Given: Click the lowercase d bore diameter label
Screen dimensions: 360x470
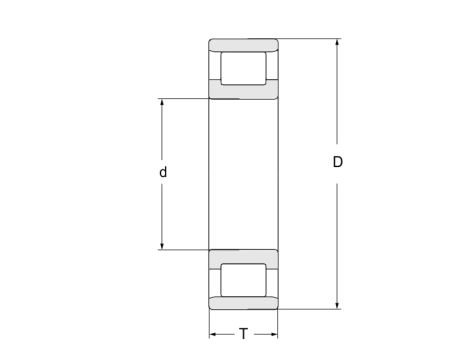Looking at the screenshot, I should click(x=162, y=172).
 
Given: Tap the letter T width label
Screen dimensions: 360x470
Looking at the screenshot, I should click(x=243, y=334).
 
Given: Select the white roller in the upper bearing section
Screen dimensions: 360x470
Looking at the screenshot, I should click(x=243, y=69).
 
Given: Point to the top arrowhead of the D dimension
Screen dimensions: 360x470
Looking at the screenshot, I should click(x=338, y=43).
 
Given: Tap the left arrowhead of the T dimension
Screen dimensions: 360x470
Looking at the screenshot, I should click(x=212, y=334).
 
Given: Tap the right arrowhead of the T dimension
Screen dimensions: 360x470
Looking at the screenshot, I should click(x=273, y=334).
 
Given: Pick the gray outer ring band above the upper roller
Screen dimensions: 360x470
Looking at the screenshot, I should click(x=243, y=44).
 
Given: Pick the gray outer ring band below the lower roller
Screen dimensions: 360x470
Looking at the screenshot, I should click(x=243, y=303).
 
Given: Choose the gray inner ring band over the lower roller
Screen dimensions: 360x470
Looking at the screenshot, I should click(x=243, y=255).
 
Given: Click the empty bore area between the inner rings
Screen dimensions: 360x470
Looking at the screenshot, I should click(x=243, y=173).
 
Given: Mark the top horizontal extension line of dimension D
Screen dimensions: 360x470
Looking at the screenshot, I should click(x=310, y=38).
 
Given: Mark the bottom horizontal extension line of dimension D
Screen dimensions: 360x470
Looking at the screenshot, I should click(x=310, y=309).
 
